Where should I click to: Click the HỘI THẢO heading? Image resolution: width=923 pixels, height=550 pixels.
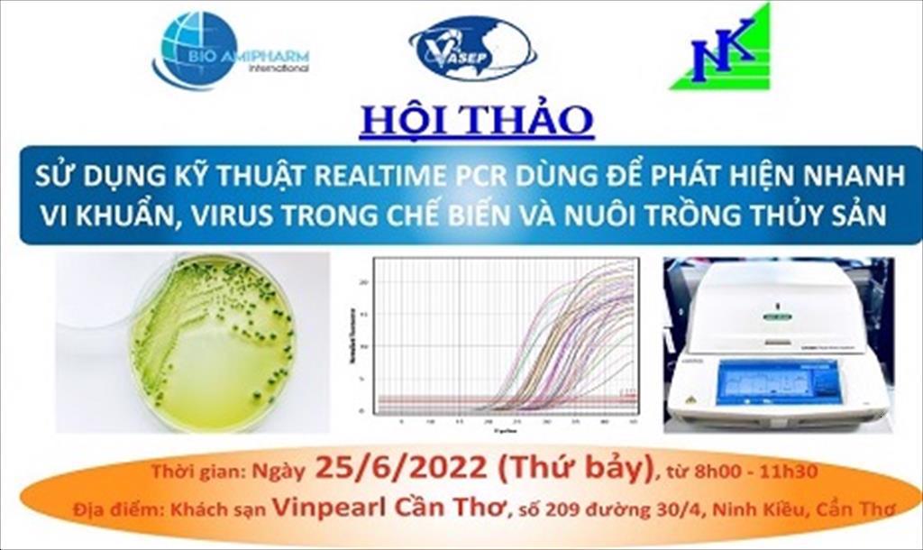pos(476,121)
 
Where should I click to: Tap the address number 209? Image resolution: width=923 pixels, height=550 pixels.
pos(562,511)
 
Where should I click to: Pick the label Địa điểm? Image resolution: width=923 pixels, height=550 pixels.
pos(116,511)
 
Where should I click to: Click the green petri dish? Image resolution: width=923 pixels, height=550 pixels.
pos(212,343)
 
